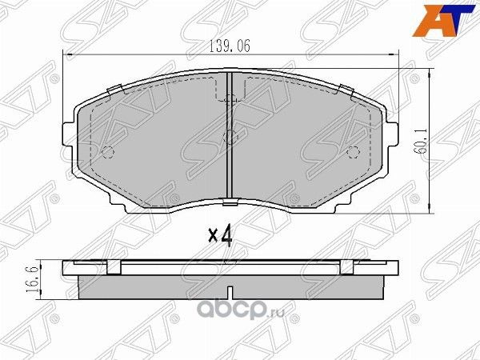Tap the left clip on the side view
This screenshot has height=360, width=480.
[114, 268]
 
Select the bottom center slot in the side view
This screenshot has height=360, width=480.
[230, 289]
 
